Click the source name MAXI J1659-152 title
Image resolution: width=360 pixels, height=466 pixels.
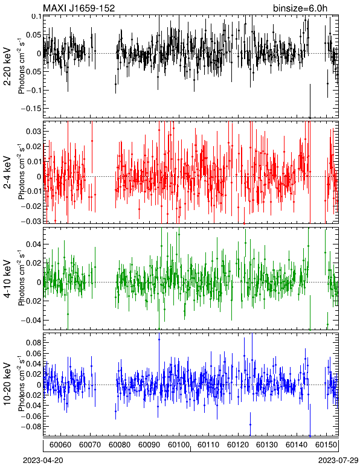(79, 8)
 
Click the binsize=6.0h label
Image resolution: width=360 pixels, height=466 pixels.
(300, 8)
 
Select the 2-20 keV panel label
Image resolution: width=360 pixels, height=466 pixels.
(7, 66)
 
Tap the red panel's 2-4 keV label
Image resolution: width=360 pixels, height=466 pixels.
(7, 173)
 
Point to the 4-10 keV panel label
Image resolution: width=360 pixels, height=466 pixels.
(7, 279)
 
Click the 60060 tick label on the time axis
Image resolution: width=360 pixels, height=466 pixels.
(60, 445)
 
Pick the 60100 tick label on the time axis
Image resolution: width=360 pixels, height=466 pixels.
(179, 445)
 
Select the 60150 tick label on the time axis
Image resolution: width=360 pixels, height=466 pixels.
(326, 445)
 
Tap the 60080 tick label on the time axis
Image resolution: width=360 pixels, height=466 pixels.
(120, 445)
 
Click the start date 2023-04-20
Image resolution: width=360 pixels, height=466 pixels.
(43, 461)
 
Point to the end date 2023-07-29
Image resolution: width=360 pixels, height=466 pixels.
(338, 461)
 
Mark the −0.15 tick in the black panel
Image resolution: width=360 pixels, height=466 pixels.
(31, 109)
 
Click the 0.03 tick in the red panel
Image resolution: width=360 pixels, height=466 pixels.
(34, 132)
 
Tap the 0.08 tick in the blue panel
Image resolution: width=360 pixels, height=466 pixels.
(34, 343)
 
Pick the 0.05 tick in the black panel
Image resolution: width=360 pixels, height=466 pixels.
(34, 35)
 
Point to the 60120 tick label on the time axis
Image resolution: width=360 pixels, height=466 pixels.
(238, 445)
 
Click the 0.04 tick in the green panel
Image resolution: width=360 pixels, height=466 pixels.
(34, 244)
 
